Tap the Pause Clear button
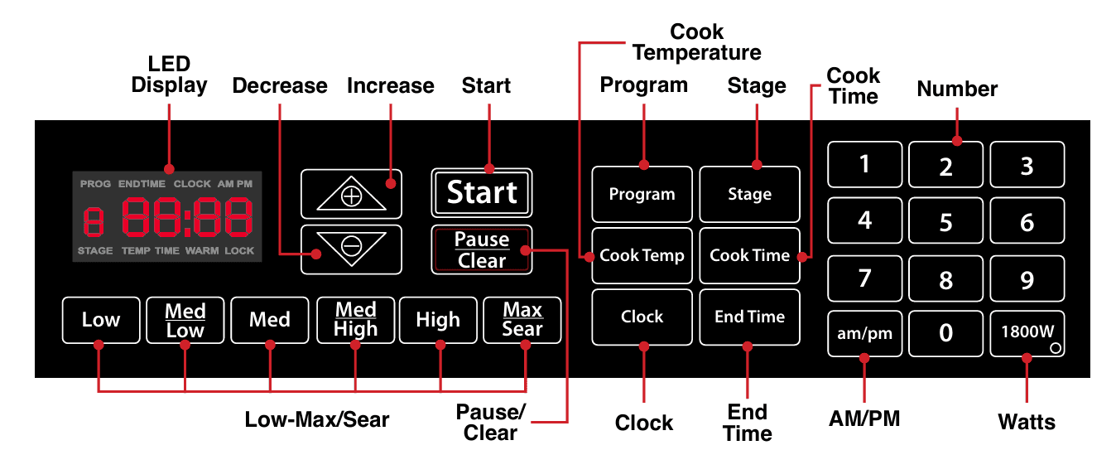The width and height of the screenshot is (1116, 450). point(481,249)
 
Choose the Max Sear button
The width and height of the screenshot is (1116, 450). point(522,320)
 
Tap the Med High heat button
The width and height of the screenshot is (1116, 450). point(355,320)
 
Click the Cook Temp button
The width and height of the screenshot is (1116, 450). point(642,255)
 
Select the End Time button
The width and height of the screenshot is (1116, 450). point(749,317)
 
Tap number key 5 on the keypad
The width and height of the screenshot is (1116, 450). point(945,222)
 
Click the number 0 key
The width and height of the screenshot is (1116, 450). point(945,332)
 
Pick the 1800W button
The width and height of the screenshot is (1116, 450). point(1027,332)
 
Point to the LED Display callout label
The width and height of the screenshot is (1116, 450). point(169,75)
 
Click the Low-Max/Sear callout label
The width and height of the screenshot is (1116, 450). point(316,419)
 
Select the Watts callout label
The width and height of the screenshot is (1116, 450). point(1027,422)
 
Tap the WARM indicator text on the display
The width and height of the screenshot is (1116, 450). point(201,250)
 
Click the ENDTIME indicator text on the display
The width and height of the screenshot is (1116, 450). point(142,183)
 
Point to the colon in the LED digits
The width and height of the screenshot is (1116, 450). point(187,218)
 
